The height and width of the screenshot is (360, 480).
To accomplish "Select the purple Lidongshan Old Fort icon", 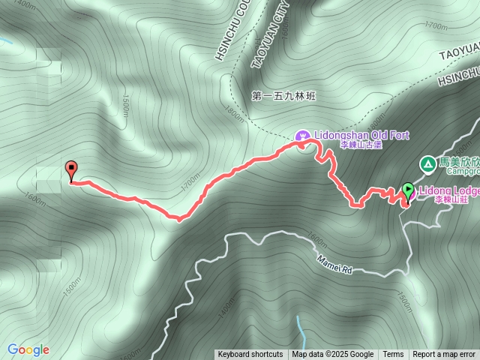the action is click(301, 136).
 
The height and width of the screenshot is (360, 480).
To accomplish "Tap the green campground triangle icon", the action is click(427, 162).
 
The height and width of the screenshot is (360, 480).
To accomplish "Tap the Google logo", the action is click(28, 349).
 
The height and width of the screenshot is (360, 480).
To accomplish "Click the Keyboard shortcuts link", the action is click(250, 355).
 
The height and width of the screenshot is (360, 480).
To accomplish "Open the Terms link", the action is click(393, 355).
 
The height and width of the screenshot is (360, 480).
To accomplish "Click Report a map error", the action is click(444, 355).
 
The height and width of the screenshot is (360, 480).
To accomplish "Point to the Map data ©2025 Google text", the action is click(332, 355).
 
